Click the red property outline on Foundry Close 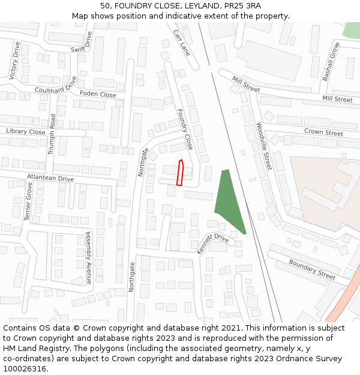click(x=179, y=173)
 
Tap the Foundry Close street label click(x=185, y=129)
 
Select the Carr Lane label click(x=181, y=43)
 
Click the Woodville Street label click(x=264, y=146)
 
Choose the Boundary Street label click(x=312, y=269)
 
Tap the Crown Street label click(x=323, y=132)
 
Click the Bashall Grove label click(x=331, y=62)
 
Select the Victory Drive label click(x=16, y=60)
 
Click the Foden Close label click(x=98, y=94)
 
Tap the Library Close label click(x=26, y=131)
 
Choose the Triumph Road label click(x=52, y=134)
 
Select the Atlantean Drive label click(x=50, y=178)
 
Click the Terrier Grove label click(x=28, y=202)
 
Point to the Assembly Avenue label click(x=88, y=257)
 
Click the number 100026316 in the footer click(x=25, y=368)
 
